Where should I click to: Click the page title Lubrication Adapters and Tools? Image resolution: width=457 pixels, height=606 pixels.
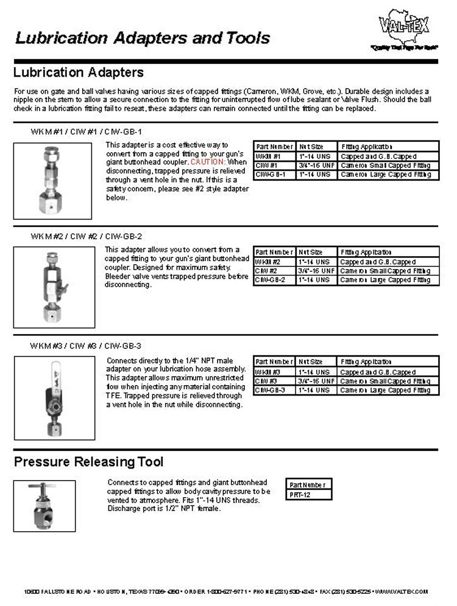[143, 38]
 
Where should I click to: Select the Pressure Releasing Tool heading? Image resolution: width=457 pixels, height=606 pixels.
[88, 462]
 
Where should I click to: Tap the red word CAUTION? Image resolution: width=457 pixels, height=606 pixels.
[208, 162]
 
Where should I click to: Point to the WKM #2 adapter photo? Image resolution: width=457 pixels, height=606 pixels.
[54, 284]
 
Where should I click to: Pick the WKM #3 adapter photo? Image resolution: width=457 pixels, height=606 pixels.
[54, 397]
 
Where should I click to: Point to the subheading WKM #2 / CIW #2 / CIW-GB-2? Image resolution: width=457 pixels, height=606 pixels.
[86, 236]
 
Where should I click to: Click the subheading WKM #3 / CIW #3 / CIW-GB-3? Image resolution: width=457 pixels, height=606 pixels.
[86, 346]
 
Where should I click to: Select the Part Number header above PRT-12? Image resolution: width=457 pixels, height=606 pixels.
[308, 485]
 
